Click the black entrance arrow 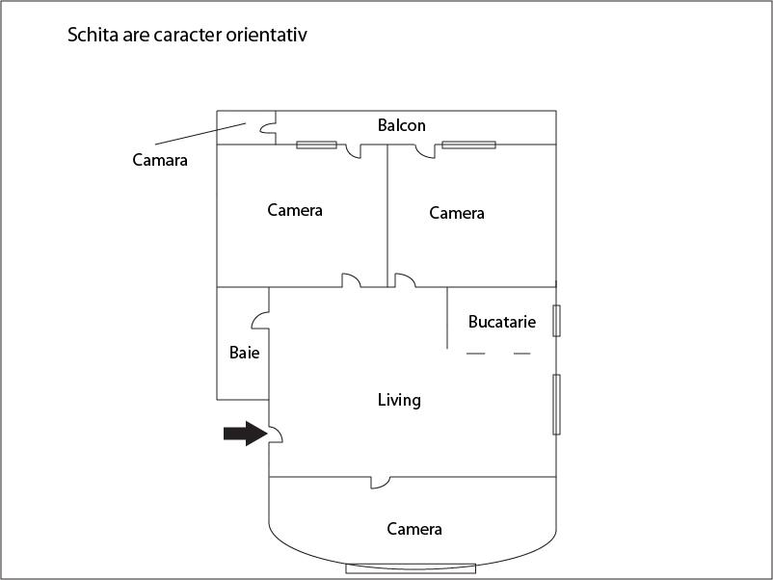pyautogui.click(x=246, y=434)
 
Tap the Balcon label pyautogui.click(x=401, y=125)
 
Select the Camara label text pyautogui.click(x=160, y=160)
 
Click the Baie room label pyautogui.click(x=245, y=353)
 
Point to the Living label pyautogui.click(x=399, y=400)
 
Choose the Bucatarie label pyautogui.click(x=502, y=322)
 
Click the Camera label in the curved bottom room pyautogui.click(x=414, y=529)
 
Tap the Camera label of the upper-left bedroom pyautogui.click(x=295, y=210)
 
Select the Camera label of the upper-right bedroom pyautogui.click(x=457, y=213)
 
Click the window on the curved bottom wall pyautogui.click(x=411, y=568)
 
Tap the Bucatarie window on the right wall pyautogui.click(x=556, y=321)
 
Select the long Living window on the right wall pyautogui.click(x=556, y=405)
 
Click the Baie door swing pyautogui.click(x=260, y=320)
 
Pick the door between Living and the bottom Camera pyautogui.click(x=380, y=483)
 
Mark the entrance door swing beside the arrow pyautogui.click(x=276, y=435)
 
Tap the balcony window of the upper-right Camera pyautogui.click(x=468, y=145)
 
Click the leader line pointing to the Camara pyautogui.click(x=200, y=134)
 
